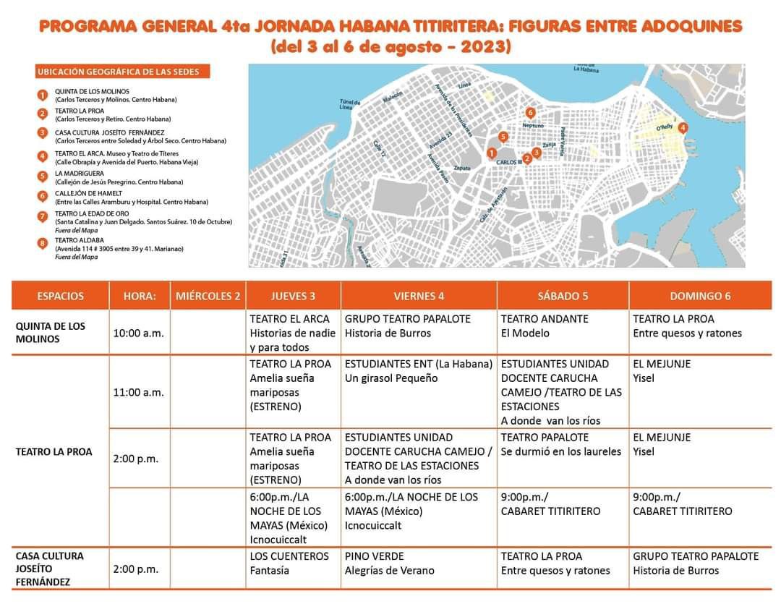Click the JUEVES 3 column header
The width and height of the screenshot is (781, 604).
(293, 296)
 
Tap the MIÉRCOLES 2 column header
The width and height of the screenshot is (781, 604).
(208, 296)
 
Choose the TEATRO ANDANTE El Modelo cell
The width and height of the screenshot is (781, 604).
(563, 326)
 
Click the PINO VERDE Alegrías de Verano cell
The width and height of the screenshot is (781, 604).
(419, 563)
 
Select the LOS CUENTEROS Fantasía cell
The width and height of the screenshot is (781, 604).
(293, 563)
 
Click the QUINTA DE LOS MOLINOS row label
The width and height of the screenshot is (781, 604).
(51, 333)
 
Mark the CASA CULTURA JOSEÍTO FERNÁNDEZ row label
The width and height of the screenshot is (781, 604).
(51, 569)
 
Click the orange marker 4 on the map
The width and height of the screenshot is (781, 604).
(683, 127)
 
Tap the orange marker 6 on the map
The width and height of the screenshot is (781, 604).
(530, 113)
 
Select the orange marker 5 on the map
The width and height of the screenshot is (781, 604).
(503, 137)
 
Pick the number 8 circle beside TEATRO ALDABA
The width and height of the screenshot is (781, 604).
(43, 244)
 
